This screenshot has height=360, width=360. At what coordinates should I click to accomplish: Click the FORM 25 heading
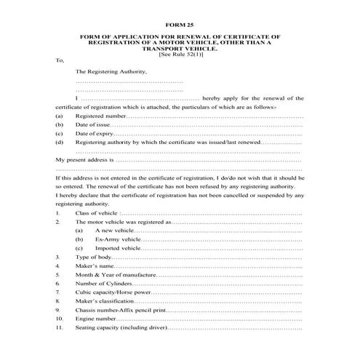tap(180, 24)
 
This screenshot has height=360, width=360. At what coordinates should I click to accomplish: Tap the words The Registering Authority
tap(111, 71)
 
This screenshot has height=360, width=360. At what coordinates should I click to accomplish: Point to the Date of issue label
tap(92, 125)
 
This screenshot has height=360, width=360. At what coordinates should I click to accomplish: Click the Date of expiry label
tap(95, 135)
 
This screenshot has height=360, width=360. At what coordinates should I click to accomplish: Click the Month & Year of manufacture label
tap(115, 276)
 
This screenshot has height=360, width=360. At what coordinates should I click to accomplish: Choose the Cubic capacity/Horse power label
tap(113, 294)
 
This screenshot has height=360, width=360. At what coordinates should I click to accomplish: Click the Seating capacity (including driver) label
tap(121, 329)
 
